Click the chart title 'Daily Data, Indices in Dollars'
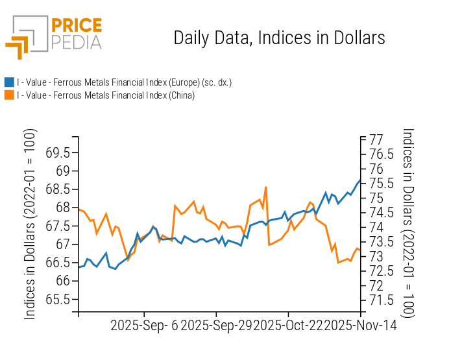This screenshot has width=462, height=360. click(279, 38)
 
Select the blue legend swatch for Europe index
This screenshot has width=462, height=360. click(9, 82)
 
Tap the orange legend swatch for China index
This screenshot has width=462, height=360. click(9, 95)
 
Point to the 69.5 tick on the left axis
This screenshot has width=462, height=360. click(57, 153)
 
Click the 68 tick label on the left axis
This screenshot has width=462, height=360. click(63, 208)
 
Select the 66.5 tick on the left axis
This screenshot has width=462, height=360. click(57, 263)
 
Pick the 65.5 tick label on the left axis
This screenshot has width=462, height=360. click(57, 300)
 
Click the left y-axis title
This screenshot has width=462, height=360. click(30, 224)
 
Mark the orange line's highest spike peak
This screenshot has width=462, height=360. click(266, 187)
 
